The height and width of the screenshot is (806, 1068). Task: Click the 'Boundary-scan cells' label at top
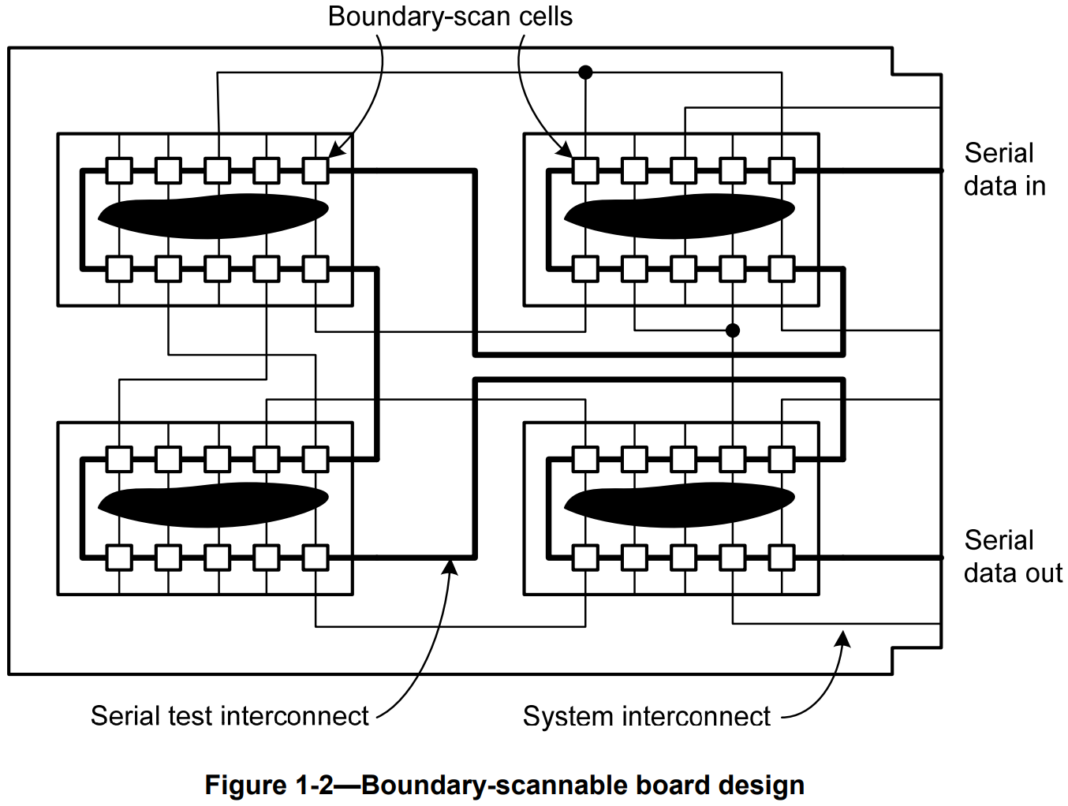coord(450,17)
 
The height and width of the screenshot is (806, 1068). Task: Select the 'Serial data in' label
coord(1004,170)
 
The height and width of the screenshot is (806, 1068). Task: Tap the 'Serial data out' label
coord(1012,557)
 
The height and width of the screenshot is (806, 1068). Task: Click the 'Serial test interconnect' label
coord(230,716)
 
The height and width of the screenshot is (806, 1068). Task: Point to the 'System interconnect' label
coord(646,717)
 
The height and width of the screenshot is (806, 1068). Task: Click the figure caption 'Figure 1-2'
coord(504,785)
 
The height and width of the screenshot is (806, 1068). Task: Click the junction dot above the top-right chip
coord(585,73)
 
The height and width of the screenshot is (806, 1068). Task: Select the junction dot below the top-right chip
coord(733,330)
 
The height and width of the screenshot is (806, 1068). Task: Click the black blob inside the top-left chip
coord(212,215)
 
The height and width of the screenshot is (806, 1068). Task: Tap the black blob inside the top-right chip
coord(678,215)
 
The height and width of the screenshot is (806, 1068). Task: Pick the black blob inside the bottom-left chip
coord(212,504)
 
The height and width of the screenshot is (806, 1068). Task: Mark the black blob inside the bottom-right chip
coord(678,504)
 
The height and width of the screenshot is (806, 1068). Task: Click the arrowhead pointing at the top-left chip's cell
coord(335,151)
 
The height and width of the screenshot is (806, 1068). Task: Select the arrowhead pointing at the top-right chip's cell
coord(565,150)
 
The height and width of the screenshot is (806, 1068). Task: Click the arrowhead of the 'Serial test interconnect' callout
coord(451,566)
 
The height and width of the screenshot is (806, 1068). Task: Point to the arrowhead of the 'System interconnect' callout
coord(844,638)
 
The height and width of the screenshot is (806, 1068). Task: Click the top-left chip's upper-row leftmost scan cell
coord(119,170)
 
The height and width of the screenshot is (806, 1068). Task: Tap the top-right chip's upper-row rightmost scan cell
coord(782,170)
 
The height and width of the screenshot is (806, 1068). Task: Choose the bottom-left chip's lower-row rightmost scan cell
coord(316,558)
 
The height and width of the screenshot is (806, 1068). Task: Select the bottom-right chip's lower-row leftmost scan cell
coord(585,558)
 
